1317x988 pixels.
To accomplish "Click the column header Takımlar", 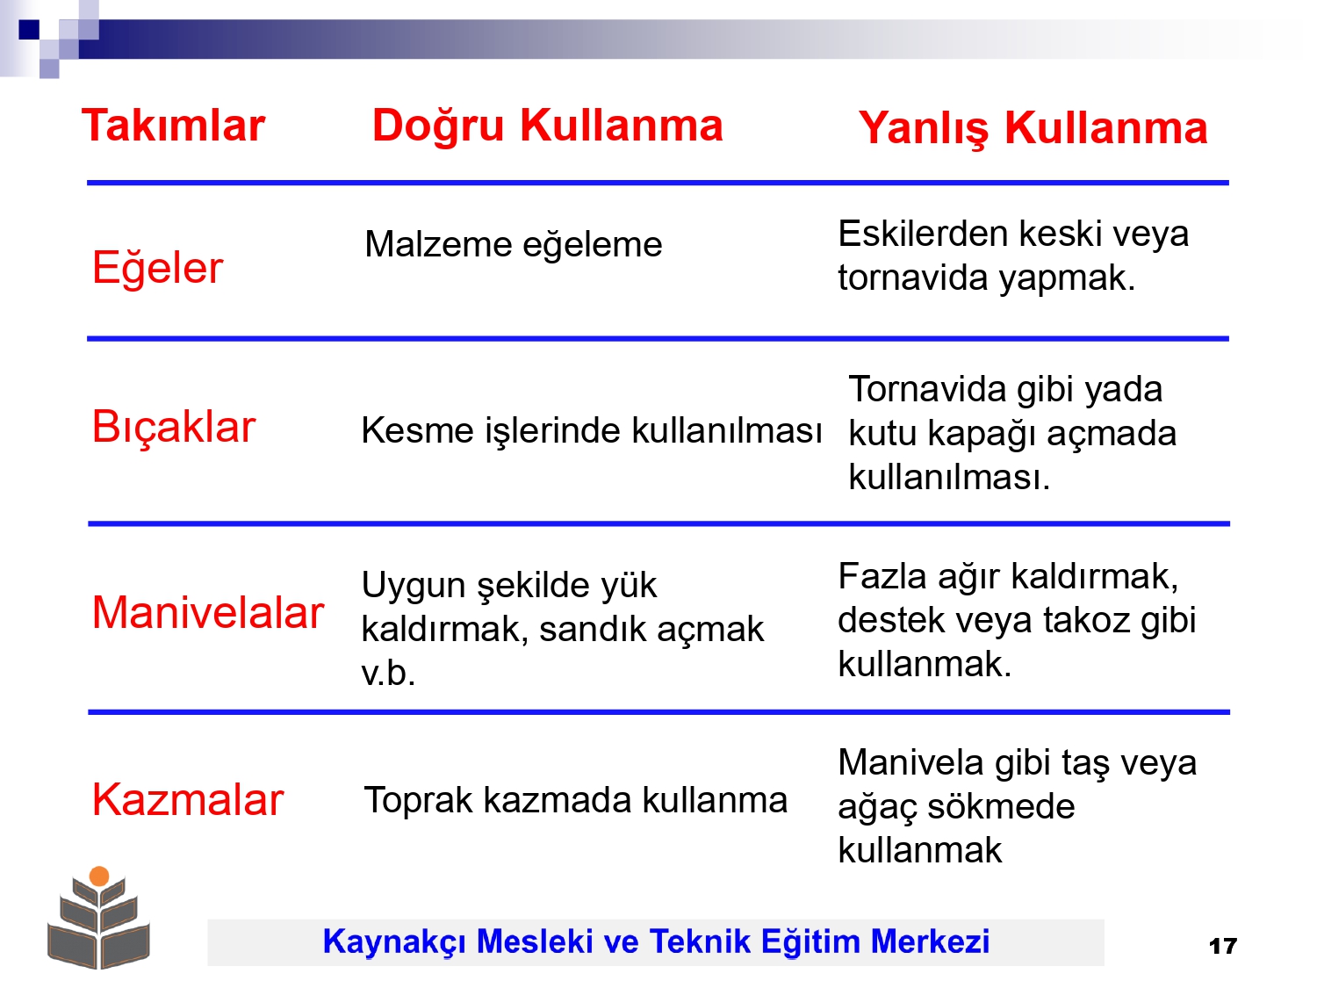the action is pyautogui.click(x=173, y=126).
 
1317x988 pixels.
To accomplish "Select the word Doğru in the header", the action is pyautogui.click(x=438, y=126).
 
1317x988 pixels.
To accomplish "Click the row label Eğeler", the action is pyautogui.click(x=157, y=269).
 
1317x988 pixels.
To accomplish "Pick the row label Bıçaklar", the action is pyautogui.click(x=174, y=428).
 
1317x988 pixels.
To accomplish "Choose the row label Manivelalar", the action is pyautogui.click(x=208, y=612).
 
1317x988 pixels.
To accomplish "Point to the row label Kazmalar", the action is pyautogui.click(x=188, y=800).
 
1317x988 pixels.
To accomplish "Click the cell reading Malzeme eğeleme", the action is pyautogui.click(x=514, y=245).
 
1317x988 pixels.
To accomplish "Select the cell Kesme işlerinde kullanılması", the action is pyautogui.click(x=592, y=431).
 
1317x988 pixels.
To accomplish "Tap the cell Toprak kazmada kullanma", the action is pyautogui.click(x=575, y=801).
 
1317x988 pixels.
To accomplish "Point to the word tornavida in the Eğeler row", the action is pyautogui.click(x=914, y=278).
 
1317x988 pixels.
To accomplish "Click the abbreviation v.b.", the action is pyautogui.click(x=388, y=673).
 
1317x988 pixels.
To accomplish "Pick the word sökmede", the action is pyautogui.click(x=1001, y=806).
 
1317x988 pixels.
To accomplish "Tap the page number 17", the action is pyautogui.click(x=1223, y=947).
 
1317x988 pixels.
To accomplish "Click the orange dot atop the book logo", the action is pyautogui.click(x=99, y=876).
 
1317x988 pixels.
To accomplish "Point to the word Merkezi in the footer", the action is pyautogui.click(x=930, y=941).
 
